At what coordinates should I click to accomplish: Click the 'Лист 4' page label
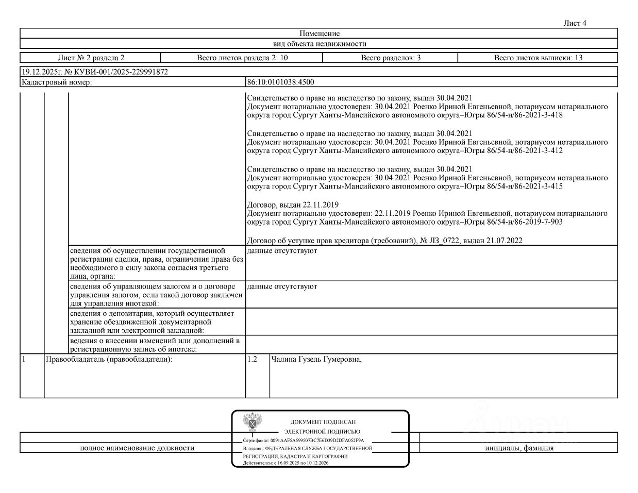[x=575, y=23]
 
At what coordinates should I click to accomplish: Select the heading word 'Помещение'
[x=320, y=33]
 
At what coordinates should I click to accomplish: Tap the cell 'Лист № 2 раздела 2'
[x=91, y=58]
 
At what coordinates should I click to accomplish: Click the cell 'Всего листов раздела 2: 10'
[x=242, y=58]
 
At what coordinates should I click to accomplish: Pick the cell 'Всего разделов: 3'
[x=391, y=58]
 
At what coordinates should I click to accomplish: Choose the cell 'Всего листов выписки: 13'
[x=538, y=58]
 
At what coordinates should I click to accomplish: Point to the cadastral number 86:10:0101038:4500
[x=281, y=82]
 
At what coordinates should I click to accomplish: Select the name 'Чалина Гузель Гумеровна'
[x=316, y=360]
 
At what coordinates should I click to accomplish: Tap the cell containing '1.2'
[x=252, y=360]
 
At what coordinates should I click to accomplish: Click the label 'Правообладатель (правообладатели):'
[x=109, y=360]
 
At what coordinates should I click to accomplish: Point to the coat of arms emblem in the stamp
[x=253, y=422]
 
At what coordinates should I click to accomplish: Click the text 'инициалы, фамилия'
[x=519, y=448]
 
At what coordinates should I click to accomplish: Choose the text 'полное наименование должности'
[x=137, y=448]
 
